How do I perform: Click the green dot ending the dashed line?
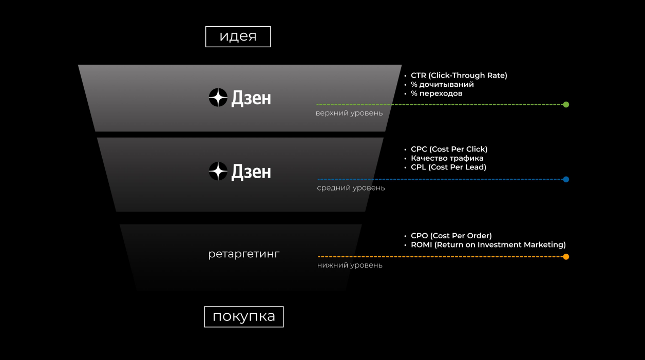[566, 105]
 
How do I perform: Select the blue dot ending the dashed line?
[566, 179]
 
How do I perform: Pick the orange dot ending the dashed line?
[566, 257]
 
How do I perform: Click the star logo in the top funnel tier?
[218, 98]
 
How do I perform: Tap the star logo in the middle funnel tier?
[218, 171]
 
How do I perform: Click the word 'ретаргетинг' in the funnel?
[244, 254]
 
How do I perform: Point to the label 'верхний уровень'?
[349, 113]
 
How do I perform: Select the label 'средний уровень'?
[351, 188]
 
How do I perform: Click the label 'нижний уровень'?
[350, 265]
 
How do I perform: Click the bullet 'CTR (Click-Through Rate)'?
[459, 75]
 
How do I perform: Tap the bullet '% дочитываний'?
[442, 84]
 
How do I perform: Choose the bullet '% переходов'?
[436, 93]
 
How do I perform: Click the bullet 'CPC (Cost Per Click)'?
[449, 149]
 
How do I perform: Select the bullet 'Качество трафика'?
[447, 158]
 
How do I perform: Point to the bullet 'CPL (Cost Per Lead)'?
[448, 167]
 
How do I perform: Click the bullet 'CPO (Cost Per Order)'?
[451, 236]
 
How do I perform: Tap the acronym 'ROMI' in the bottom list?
[421, 244]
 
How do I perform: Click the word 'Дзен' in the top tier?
[251, 98]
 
